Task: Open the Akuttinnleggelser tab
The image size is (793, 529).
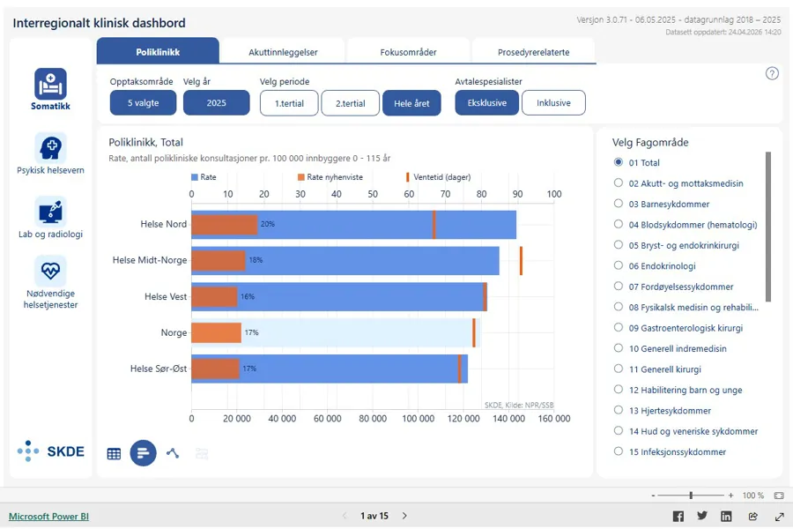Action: [283, 52]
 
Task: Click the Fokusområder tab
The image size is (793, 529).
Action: [408, 52]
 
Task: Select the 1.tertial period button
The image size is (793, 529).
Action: [289, 103]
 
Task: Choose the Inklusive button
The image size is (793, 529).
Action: [553, 103]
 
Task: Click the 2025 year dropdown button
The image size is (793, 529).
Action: [217, 103]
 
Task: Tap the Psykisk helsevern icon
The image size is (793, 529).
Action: [50, 148]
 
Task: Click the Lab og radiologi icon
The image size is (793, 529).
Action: [50, 212]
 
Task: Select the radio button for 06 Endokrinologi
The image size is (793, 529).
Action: [618, 265]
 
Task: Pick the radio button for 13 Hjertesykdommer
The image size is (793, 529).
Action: [618, 410]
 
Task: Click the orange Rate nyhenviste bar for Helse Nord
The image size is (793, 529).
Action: [225, 225]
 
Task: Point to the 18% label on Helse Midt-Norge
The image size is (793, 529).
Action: [256, 260]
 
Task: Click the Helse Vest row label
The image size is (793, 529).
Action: [166, 296]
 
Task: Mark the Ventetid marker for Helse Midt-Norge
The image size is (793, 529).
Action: [521, 261]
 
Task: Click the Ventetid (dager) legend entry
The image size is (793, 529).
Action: [439, 177]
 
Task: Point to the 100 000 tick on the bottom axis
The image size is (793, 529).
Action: [419, 419]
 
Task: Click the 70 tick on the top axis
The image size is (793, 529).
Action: [445, 194]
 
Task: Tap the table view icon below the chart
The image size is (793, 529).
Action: [114, 453]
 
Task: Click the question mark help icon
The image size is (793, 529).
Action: [772, 73]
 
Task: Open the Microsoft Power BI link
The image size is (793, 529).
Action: [48, 517]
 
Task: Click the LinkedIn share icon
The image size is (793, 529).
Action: [726, 517]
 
